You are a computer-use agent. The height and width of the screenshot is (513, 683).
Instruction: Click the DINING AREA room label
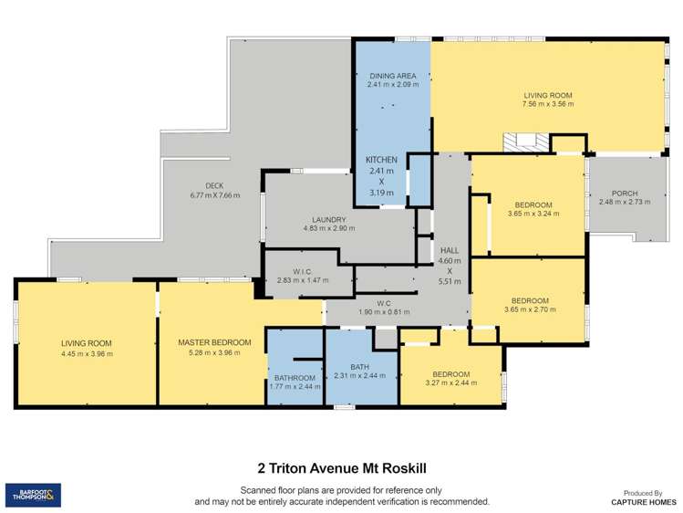(393, 75)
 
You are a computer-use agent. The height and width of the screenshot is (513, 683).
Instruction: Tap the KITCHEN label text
(381, 159)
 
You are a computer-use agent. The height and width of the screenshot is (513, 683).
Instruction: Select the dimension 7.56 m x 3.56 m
(547, 104)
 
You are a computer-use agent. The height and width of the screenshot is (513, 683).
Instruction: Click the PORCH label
(625, 193)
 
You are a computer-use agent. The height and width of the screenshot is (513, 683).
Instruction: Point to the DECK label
(214, 185)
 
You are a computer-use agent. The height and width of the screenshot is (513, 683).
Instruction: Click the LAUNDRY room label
(328, 219)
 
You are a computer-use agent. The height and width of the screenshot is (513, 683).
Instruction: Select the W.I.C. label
(304, 271)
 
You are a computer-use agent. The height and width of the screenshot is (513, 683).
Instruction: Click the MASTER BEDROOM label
(213, 343)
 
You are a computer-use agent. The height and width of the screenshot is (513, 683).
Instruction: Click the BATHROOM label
(294, 378)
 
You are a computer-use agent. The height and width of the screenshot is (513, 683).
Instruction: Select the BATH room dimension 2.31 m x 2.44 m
(360, 375)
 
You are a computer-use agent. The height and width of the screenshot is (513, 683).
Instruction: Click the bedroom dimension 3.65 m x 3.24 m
(533, 214)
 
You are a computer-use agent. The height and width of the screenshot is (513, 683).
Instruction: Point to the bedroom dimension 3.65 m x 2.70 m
(529, 310)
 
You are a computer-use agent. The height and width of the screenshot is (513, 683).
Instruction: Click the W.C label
(384, 303)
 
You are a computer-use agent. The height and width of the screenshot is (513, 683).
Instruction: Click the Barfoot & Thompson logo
(33, 496)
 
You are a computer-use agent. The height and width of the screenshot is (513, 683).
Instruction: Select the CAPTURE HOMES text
(644, 502)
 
